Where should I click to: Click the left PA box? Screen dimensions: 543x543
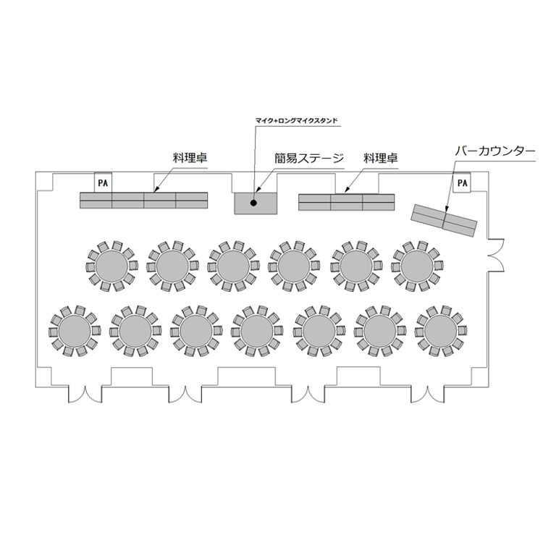(103, 182)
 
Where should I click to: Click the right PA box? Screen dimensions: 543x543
(462, 182)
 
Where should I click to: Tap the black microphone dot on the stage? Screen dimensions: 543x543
(253, 203)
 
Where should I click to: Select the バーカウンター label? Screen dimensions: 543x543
(495, 151)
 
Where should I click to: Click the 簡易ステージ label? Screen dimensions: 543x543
(309, 159)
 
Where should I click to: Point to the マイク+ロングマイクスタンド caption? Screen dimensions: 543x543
(296, 121)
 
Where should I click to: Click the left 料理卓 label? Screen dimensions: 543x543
(190, 158)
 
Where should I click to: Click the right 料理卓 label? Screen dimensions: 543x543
(381, 159)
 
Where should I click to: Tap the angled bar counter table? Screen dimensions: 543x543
(444, 220)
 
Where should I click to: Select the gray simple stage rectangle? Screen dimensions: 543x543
(256, 203)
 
